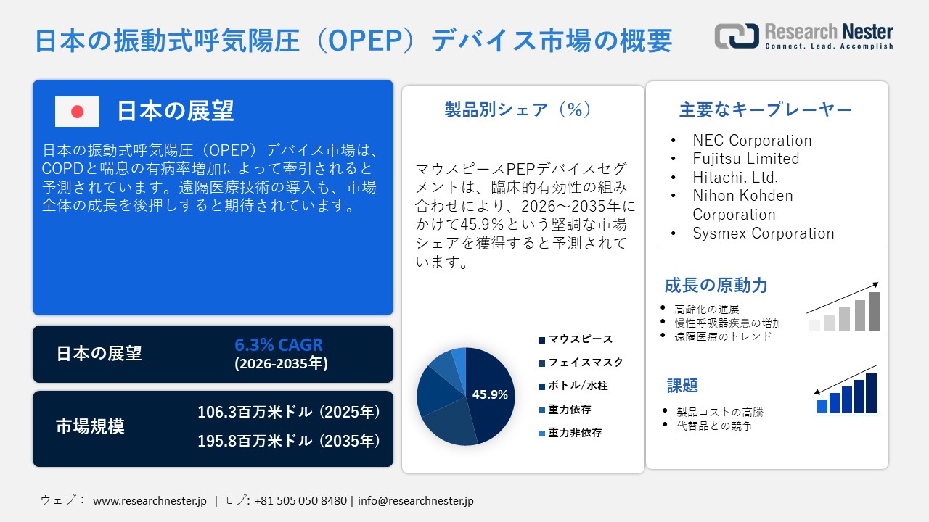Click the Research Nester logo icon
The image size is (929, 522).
click(737, 36)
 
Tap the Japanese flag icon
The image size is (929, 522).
click(77, 112)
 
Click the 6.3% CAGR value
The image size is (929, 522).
click(279, 344)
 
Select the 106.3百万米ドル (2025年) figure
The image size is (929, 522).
click(289, 413)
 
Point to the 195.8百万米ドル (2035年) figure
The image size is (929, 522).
click(289, 440)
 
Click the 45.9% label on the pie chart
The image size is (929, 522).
click(490, 395)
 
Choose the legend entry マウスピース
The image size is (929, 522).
click(580, 339)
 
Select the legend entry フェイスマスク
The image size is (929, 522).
click(585, 362)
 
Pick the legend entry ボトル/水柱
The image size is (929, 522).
click(578, 386)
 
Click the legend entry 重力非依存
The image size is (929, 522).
click(575, 433)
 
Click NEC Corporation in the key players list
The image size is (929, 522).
click(752, 141)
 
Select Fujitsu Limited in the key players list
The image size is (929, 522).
click(746, 159)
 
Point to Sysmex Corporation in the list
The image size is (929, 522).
click(764, 233)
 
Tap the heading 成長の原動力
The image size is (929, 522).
click(716, 285)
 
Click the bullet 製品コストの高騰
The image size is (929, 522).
click(719, 412)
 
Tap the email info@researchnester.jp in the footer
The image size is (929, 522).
click(416, 500)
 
